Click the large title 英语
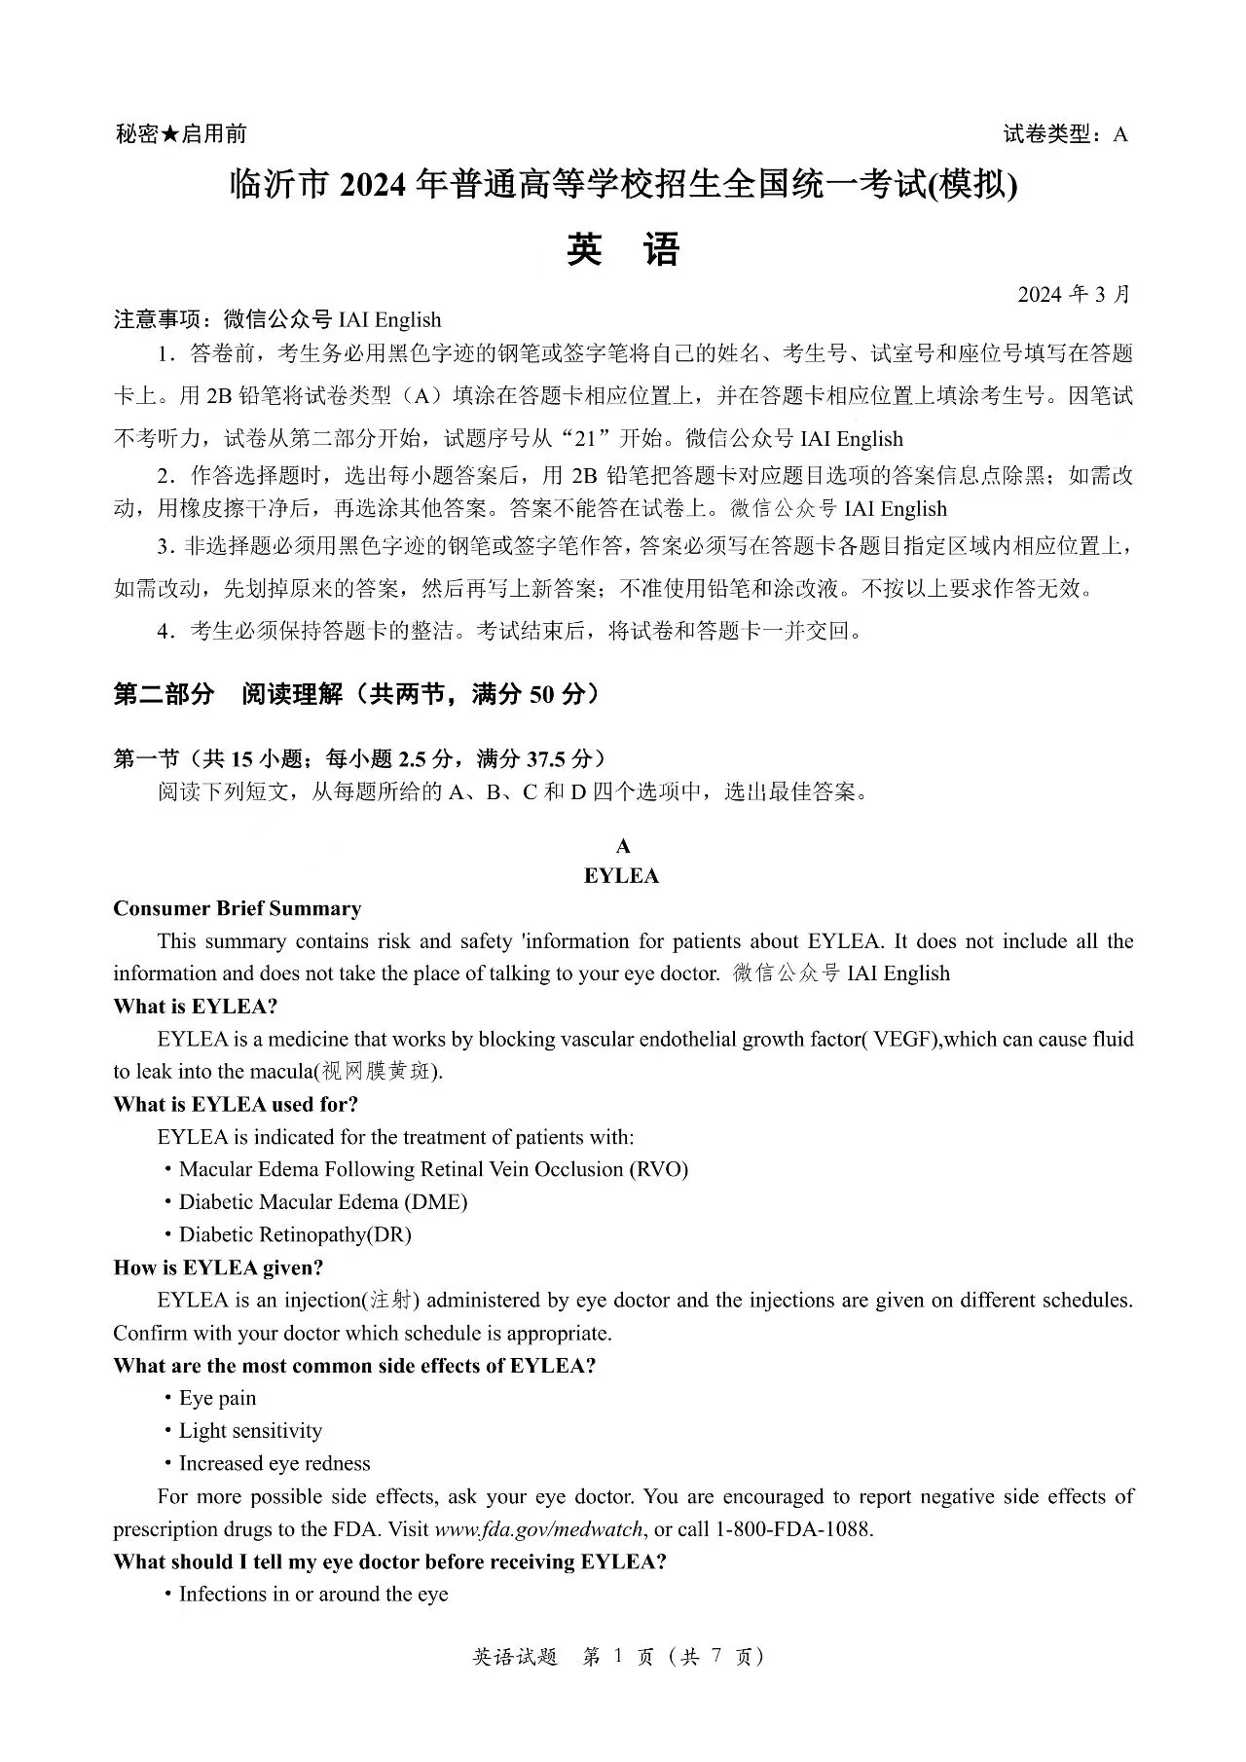tap(622, 251)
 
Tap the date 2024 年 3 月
tap(1074, 295)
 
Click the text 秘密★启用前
tap(181, 134)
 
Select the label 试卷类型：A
tap(1065, 134)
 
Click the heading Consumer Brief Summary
tap(237, 908)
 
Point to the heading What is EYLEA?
tap(195, 1006)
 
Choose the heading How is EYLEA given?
tap(218, 1267)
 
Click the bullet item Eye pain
tap(217, 1398)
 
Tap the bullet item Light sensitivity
tap(250, 1431)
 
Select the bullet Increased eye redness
tap(275, 1463)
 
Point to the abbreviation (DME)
tap(437, 1202)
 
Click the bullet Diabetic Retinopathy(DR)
tap(295, 1234)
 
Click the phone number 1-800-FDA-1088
tap(792, 1529)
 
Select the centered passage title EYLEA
tap(622, 876)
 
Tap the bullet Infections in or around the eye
tap(313, 1595)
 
